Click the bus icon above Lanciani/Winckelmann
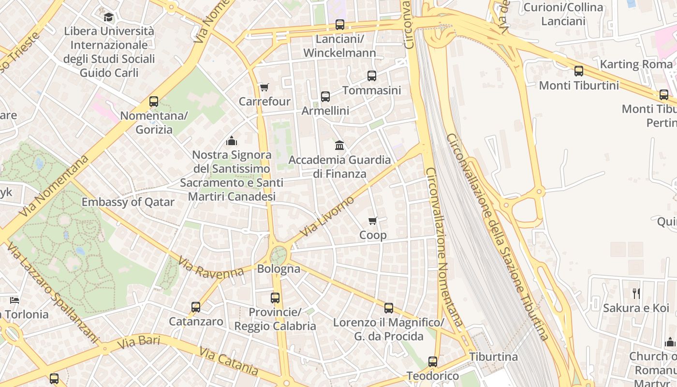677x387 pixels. pos(340,25)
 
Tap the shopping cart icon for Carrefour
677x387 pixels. pos(264,88)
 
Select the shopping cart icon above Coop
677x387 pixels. pos(373,221)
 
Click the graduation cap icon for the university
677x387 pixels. pos(109,17)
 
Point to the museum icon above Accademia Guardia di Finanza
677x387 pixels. pos(339,145)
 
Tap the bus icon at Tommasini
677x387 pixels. pos(371,76)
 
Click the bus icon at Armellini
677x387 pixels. pos(325,97)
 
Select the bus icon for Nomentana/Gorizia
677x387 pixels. pos(154,102)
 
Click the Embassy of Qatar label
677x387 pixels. pos(128,202)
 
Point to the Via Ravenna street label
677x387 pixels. pos(211,268)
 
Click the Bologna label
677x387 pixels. pos(279,269)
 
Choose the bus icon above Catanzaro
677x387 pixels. pos(196,307)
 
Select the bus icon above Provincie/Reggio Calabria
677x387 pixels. pos(275,298)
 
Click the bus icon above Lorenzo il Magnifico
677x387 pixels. pos(389,308)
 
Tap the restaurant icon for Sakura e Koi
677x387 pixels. pos(636,293)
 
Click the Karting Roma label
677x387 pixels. pos(636,64)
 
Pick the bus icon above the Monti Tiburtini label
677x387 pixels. pos(579,72)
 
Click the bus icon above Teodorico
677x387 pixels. pos(433,362)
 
